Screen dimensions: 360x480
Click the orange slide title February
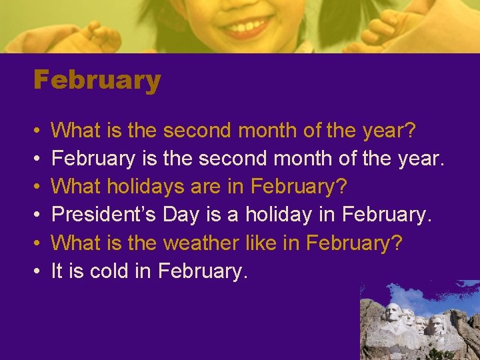(97, 81)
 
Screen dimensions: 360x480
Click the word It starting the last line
(57, 271)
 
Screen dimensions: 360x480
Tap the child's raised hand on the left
(100, 37)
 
